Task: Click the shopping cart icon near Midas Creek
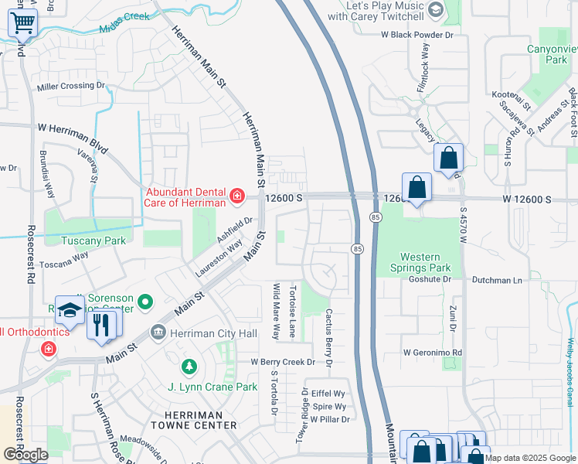click(x=23, y=23)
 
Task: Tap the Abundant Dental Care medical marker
click(x=236, y=197)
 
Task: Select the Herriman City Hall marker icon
click(x=158, y=332)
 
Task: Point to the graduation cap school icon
click(x=70, y=311)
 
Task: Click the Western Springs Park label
click(x=425, y=263)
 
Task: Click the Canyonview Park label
click(x=546, y=53)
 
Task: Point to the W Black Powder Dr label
click(x=416, y=35)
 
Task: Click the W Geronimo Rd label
click(x=433, y=352)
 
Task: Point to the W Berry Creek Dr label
click(x=283, y=362)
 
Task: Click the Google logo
click(x=25, y=455)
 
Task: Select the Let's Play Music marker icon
click(x=435, y=10)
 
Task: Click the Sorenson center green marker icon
click(x=144, y=300)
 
